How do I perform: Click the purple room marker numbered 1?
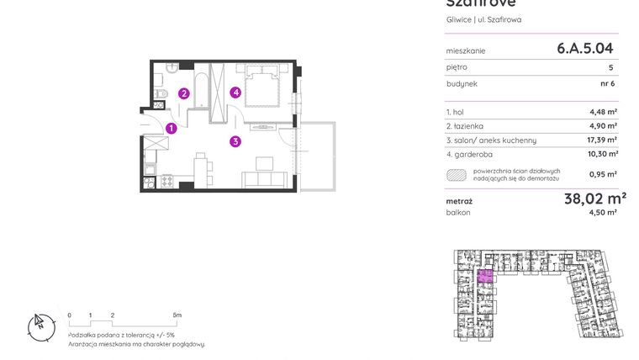click(x=171, y=129)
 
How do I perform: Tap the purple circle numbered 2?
click(x=183, y=93)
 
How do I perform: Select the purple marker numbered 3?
click(x=236, y=141)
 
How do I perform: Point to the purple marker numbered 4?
click(x=237, y=93)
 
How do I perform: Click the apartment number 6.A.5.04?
click(x=585, y=49)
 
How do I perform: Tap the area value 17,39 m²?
click(x=603, y=140)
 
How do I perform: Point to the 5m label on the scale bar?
click(x=177, y=315)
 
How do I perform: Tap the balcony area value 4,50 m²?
click(x=603, y=213)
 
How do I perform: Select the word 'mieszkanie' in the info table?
click(x=466, y=50)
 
